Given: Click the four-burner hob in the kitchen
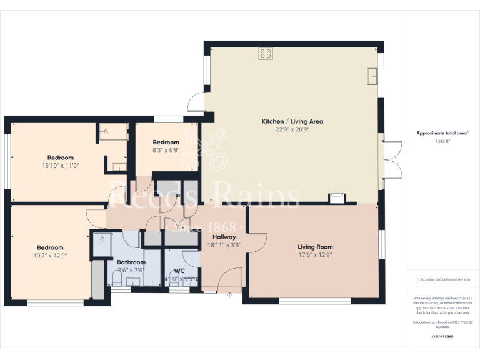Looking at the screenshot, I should (x=266, y=54).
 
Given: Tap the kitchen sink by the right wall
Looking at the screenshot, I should (x=372, y=76).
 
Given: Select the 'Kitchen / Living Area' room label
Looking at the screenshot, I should (x=292, y=121).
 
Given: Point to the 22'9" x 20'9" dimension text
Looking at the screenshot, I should (x=292, y=129).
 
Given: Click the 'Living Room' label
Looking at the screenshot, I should (x=315, y=247).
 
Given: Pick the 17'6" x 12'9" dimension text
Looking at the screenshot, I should (x=315, y=255).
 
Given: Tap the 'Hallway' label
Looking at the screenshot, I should (x=224, y=237).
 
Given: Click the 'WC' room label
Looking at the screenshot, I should (x=179, y=271).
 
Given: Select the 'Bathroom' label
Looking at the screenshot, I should (x=131, y=262).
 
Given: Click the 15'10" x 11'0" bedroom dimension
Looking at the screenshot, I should (x=61, y=165).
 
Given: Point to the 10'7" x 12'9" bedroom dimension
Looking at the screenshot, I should (x=50, y=256).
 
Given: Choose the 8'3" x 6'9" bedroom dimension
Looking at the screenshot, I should (x=166, y=150).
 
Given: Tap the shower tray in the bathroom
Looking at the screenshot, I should (x=102, y=244).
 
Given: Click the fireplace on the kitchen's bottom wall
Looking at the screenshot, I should (x=337, y=198).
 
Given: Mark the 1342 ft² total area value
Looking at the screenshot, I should (x=442, y=141).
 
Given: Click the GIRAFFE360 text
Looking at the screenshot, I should (x=442, y=337).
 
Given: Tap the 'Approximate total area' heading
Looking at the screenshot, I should (x=442, y=133).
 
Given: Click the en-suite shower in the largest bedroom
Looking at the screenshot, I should (x=111, y=132).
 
